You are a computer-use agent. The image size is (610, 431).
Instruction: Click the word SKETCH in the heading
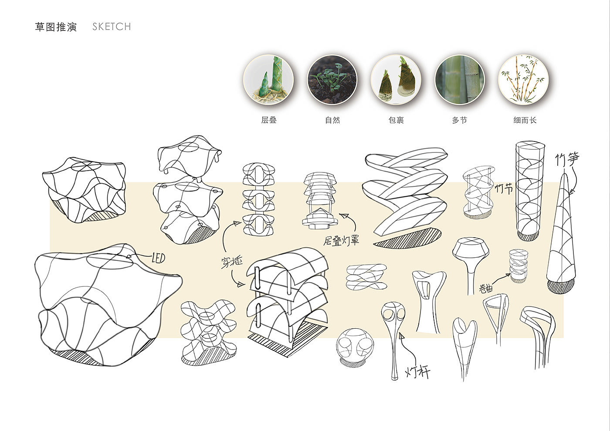[112, 27]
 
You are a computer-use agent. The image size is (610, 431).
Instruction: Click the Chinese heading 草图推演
[56, 27]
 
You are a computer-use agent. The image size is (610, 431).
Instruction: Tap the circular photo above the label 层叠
[268, 79]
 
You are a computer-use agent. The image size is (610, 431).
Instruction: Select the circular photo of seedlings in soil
[332, 79]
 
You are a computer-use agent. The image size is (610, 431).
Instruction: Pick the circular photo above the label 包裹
[396, 79]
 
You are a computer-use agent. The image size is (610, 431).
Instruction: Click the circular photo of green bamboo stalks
[460, 79]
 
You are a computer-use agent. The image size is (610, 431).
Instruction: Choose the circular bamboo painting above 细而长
[523, 79]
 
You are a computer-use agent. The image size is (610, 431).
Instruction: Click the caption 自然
[332, 120]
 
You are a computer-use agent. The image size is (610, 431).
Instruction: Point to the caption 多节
[460, 120]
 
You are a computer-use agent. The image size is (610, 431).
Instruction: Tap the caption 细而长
[525, 120]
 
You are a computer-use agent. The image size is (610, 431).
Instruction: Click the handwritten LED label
[158, 258]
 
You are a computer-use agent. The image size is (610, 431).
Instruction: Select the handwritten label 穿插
[231, 262]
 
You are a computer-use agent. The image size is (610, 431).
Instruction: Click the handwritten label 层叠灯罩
[341, 240]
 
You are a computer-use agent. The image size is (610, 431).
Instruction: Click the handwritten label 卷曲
[486, 288]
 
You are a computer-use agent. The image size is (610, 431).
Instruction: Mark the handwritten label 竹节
[504, 189]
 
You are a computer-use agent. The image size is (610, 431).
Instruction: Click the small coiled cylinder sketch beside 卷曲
[519, 266]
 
